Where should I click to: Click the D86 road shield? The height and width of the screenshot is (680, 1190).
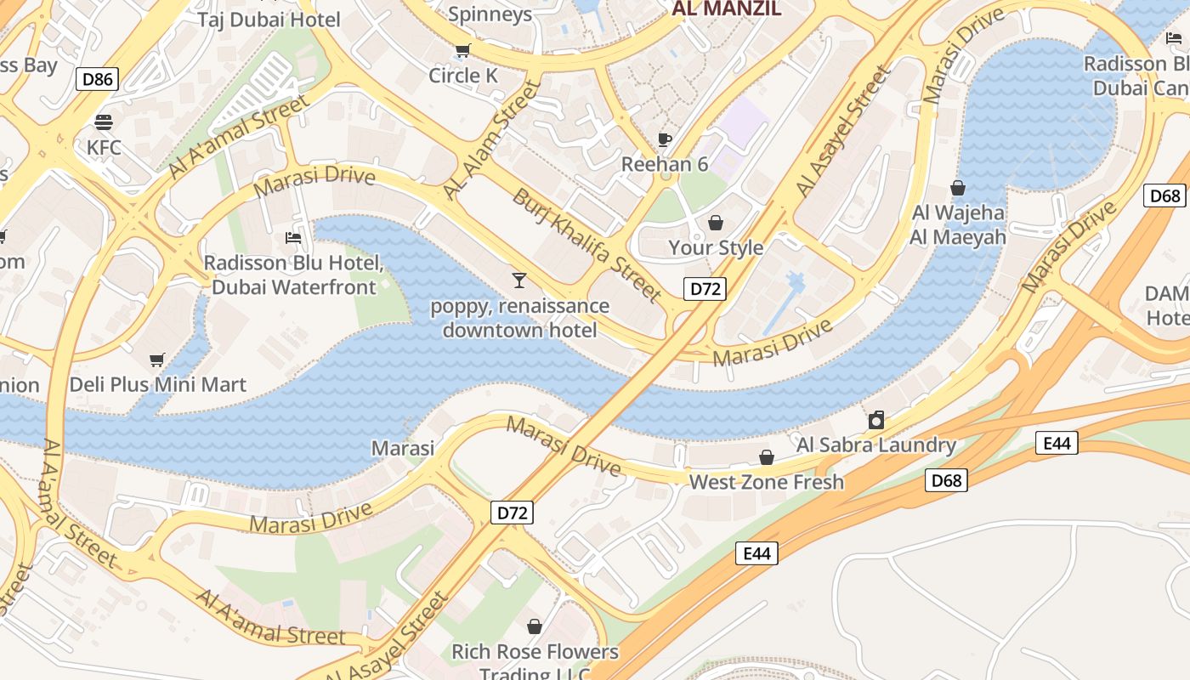click(x=97, y=80)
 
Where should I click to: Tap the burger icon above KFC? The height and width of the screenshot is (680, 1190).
click(x=104, y=122)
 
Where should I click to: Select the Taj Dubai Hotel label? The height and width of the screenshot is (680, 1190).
click(x=269, y=20)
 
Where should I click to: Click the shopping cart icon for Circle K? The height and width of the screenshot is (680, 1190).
click(x=462, y=51)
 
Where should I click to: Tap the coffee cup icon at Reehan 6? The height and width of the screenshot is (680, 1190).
click(x=665, y=139)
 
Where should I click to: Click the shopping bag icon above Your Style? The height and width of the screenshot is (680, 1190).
click(x=716, y=223)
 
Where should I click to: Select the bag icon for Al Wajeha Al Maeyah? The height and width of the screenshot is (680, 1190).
click(x=958, y=188)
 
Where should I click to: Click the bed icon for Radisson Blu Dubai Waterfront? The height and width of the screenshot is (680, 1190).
click(x=293, y=238)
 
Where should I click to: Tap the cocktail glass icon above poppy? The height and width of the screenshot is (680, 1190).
click(x=519, y=280)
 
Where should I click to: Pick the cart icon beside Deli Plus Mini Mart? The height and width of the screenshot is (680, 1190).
click(x=156, y=360)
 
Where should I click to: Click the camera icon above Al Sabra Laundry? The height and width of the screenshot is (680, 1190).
click(x=875, y=420)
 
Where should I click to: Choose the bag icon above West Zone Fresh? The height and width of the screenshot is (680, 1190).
click(x=767, y=457)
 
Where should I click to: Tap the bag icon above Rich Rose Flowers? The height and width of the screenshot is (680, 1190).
click(x=535, y=626)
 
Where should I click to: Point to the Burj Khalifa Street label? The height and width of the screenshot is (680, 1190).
click(x=586, y=245)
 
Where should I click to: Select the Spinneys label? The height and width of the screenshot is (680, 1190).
click(x=490, y=14)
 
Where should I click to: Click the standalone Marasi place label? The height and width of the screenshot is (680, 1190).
click(x=403, y=448)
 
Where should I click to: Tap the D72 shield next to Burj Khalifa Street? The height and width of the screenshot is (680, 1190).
click(x=705, y=289)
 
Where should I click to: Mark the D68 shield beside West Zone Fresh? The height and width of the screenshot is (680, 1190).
click(x=946, y=481)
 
